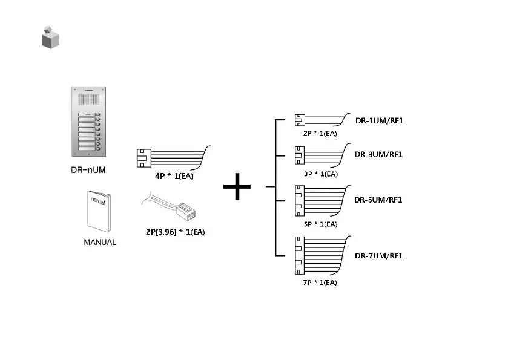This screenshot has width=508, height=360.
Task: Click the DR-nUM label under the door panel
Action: [85, 169]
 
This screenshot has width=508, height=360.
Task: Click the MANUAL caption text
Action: [99, 242]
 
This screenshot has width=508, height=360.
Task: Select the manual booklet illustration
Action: [99, 211]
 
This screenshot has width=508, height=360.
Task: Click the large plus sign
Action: [237, 188]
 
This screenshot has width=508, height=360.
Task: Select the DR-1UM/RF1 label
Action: [379, 120]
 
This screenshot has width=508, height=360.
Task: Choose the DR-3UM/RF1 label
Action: [379, 154]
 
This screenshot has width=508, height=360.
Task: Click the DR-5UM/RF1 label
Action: [379, 200]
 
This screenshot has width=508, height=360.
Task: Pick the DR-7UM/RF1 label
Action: [379, 255]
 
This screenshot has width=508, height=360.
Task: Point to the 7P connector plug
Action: [299, 255]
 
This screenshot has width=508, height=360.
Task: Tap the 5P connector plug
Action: [299, 200]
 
